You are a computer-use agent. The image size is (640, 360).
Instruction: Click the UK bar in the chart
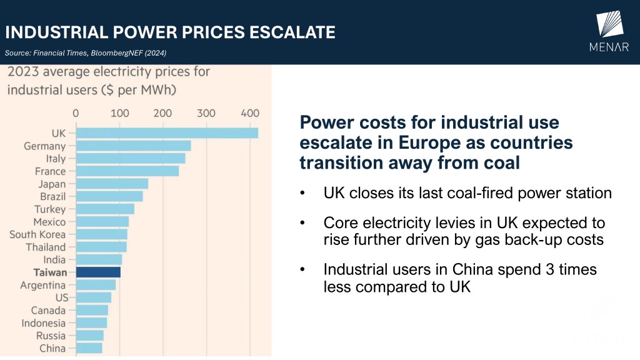pos(166,133)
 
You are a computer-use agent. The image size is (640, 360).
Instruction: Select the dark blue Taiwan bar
pos(98,272)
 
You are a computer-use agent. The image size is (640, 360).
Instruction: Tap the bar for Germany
pos(133,146)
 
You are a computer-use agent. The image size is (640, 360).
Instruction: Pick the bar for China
pos(89,348)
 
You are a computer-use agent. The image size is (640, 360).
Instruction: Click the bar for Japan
pos(111,184)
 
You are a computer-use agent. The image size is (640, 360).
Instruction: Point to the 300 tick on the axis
pos(206,113)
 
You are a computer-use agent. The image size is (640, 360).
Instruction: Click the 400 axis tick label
pos(250,113)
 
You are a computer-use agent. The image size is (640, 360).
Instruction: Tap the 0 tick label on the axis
pos(76,113)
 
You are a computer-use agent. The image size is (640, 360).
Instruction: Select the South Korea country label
pos(37,234)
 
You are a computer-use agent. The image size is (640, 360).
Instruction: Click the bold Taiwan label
pos(51,272)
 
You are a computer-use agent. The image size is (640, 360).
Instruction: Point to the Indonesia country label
pos(43,323)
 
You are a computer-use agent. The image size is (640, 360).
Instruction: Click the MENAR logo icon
pos(610,24)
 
